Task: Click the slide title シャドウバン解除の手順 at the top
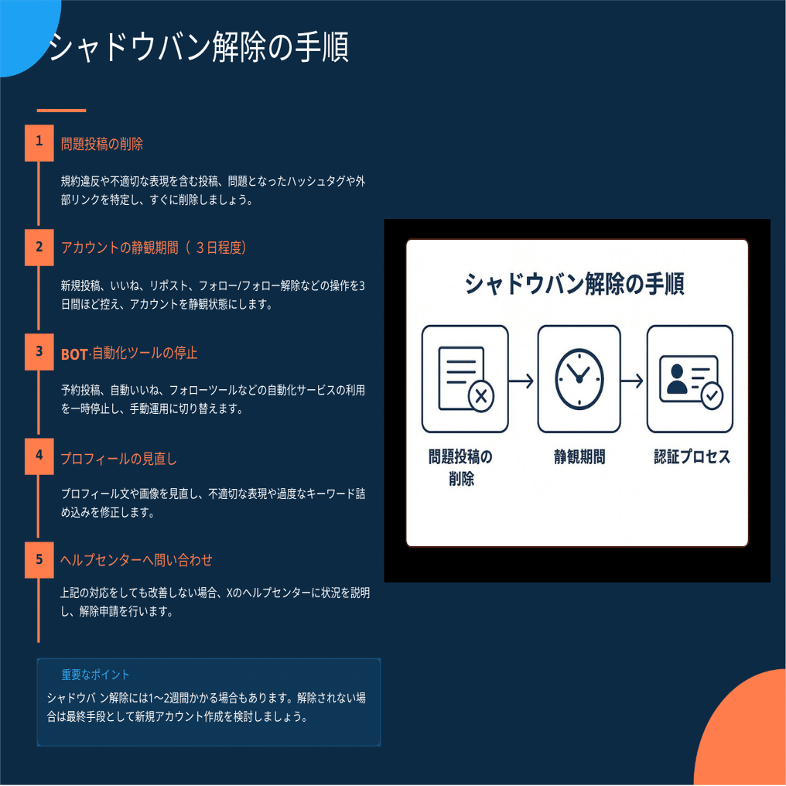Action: click(x=199, y=48)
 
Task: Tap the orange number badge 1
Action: click(x=39, y=142)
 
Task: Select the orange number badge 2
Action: click(x=39, y=248)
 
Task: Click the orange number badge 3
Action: click(x=39, y=352)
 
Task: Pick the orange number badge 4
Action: click(x=39, y=456)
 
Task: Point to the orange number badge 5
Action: click(x=39, y=559)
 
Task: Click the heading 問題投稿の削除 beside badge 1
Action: click(x=102, y=145)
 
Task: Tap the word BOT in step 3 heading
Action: click(x=74, y=354)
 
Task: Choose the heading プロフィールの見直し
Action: click(x=119, y=459)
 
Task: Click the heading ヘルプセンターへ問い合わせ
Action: click(x=136, y=560)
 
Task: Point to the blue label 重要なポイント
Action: click(x=96, y=675)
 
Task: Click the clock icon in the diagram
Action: click(x=579, y=378)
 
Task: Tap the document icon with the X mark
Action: click(x=464, y=379)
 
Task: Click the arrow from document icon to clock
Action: click(x=522, y=381)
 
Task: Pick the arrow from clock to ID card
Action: click(x=633, y=381)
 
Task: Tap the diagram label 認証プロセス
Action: click(x=692, y=457)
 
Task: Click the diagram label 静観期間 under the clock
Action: click(x=579, y=457)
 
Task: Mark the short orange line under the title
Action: click(x=61, y=110)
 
